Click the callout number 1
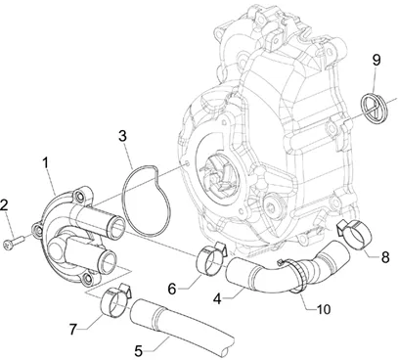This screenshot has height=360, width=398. click(46, 163)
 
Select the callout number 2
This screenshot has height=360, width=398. click(4, 205)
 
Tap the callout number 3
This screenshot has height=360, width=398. click(122, 137)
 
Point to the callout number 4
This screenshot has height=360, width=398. click(218, 298)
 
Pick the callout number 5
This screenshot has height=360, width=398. click(139, 351)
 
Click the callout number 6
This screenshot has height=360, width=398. click(172, 289)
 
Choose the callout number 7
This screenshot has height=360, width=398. click(73, 329)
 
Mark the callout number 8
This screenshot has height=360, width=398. click(385, 257)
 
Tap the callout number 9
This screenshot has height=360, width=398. click(376, 61)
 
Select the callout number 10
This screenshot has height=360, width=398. click(324, 309)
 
